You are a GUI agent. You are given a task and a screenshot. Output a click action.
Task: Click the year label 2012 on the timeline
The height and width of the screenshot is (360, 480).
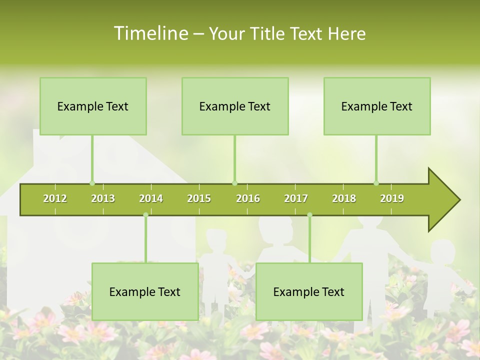[x=55, y=198]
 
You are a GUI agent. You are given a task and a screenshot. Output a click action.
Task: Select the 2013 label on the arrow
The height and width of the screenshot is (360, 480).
[x=103, y=198]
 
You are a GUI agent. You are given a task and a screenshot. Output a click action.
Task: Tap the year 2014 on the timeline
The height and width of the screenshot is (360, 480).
[x=151, y=198]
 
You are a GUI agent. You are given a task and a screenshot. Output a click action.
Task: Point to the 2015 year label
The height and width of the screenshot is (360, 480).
[x=199, y=198]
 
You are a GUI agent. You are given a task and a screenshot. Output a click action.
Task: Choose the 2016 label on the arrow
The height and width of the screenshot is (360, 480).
[x=248, y=198]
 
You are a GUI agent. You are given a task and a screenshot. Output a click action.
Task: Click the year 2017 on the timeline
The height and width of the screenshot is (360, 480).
[x=296, y=198]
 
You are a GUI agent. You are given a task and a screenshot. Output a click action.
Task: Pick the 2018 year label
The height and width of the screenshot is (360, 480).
[x=344, y=198]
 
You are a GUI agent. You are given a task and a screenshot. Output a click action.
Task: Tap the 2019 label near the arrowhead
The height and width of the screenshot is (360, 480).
[x=392, y=198]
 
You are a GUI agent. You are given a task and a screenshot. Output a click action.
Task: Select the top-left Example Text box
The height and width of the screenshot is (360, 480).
[x=93, y=106]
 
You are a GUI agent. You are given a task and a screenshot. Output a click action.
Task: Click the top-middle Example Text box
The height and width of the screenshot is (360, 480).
[x=235, y=106]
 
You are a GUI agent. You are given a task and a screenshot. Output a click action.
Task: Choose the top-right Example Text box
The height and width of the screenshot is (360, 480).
[x=377, y=106]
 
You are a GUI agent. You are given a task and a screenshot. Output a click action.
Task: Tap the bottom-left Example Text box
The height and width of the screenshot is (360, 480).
[x=145, y=291]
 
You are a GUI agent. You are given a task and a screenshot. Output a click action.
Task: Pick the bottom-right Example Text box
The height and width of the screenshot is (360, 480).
[x=309, y=291]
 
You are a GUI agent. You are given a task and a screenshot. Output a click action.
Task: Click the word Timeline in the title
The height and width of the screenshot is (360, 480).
[x=150, y=33]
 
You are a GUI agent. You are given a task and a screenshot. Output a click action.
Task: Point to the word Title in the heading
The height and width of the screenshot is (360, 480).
[x=267, y=33]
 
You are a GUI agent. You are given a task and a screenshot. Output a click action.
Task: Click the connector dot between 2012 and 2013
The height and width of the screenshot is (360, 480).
[x=92, y=183]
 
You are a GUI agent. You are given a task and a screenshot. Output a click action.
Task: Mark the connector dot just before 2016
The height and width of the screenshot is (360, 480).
[x=235, y=183]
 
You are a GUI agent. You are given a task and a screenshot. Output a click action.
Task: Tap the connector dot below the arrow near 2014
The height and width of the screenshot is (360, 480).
[x=145, y=215]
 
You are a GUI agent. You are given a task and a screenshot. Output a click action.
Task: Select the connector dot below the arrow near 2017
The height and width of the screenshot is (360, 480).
[x=309, y=215]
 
